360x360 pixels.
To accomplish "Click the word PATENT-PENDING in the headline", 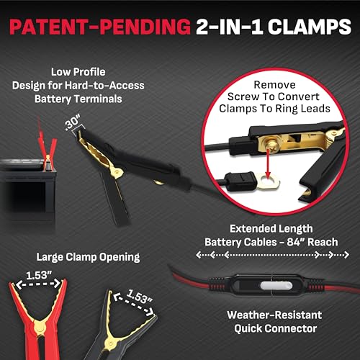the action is coord(100,27).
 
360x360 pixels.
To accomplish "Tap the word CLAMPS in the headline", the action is coord(310,27).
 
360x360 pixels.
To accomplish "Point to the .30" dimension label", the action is coord(73,122).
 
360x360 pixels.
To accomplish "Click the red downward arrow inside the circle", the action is coord(268,164).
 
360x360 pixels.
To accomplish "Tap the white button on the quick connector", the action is coord(276,286).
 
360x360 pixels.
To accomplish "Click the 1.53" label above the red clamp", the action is coord(39,275).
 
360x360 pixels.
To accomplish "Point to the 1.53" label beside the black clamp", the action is coord(140,296).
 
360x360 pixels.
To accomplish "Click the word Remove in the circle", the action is coord(274,85).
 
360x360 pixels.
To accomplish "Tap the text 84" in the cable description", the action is coord(295,242).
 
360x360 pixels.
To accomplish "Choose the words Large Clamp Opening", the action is coord(88,257).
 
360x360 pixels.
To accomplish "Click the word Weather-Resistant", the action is coord(274,315).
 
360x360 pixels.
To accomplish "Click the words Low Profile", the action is coord(78,72).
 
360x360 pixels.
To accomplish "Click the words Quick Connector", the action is coord(276,328).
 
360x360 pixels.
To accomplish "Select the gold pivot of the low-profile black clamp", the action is coord(117,171).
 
